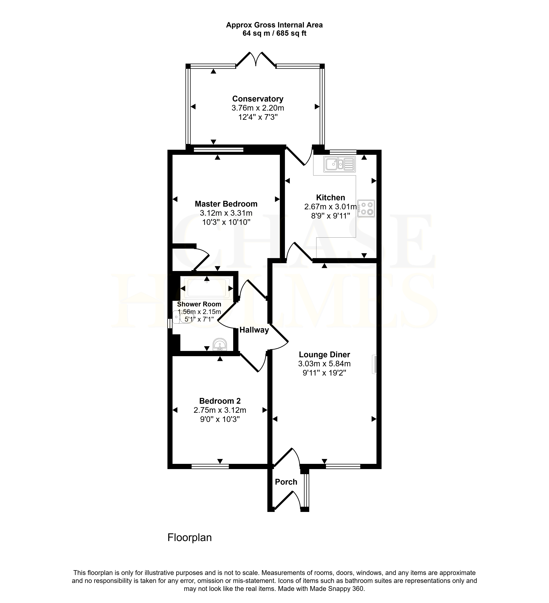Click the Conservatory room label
pyautogui.click(x=258, y=99)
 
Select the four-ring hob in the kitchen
pyautogui.click(x=366, y=209)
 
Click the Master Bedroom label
pyautogui.click(x=226, y=204)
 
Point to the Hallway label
pyautogui.click(x=254, y=330)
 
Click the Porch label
pyautogui.click(x=286, y=482)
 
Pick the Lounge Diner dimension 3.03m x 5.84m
pyautogui.click(x=324, y=364)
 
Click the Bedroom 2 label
pyautogui.click(x=220, y=401)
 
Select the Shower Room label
pyautogui.click(x=199, y=304)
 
